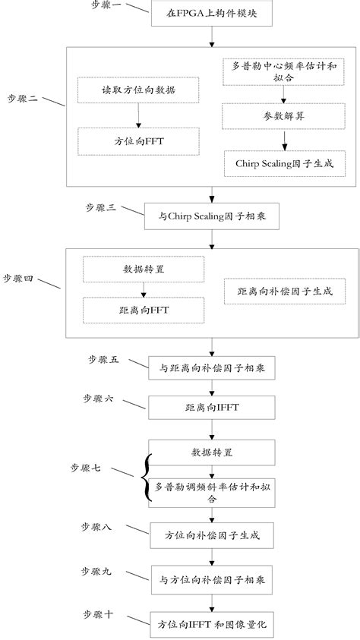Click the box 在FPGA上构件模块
(211, 14)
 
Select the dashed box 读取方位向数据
(138, 90)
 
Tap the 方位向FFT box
(138, 140)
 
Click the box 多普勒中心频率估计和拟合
(283, 71)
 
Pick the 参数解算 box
(283, 116)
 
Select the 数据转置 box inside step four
(143, 269)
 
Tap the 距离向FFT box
(143, 310)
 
